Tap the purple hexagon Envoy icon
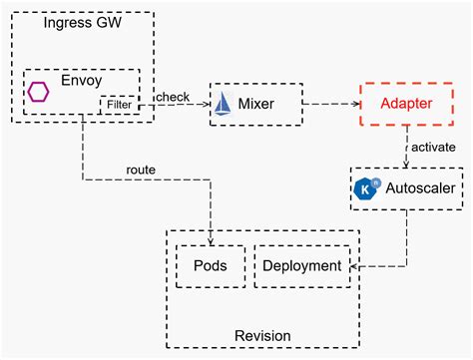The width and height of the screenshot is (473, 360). click(39, 92)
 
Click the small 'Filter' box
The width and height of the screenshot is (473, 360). click(119, 104)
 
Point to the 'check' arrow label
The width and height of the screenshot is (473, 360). click(173, 95)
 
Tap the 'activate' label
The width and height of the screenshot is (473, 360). click(432, 147)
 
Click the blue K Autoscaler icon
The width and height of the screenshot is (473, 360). click(367, 188)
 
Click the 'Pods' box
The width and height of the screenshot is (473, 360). click(210, 265)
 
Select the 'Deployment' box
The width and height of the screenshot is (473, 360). click(300, 265)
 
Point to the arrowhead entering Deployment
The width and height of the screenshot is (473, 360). click(350, 266)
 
